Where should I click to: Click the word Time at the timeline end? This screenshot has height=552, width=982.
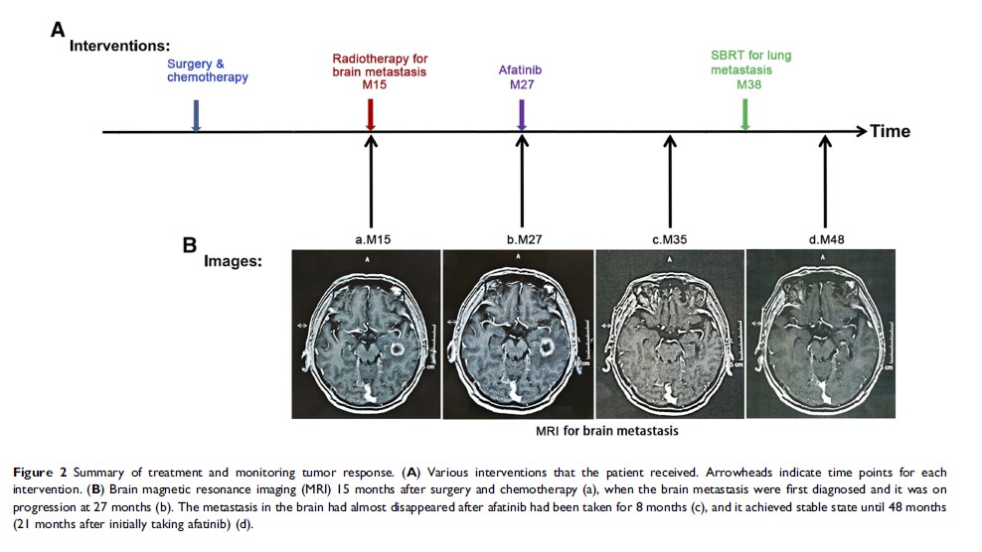click(x=890, y=131)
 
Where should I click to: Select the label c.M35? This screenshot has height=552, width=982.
click(x=670, y=239)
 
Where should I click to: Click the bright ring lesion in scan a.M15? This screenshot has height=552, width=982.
click(x=395, y=348)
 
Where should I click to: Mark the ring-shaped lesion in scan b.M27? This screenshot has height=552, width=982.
click(x=546, y=346)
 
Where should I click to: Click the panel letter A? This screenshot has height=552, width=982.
click(x=58, y=30)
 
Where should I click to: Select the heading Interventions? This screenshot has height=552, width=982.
click(x=119, y=46)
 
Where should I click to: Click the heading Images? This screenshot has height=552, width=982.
click(x=232, y=261)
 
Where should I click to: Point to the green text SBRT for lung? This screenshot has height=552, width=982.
click(x=744, y=56)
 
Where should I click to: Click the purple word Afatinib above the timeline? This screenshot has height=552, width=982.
click(x=521, y=70)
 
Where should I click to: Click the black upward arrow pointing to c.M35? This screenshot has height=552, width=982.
click(x=671, y=179)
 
